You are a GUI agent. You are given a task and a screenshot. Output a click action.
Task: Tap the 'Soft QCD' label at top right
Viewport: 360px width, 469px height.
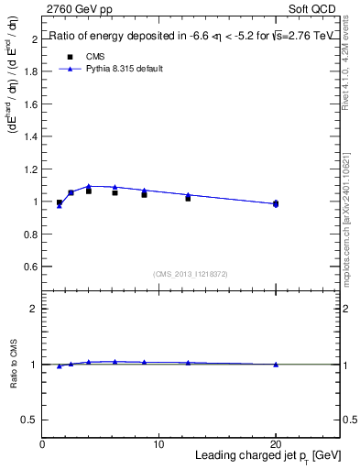pos(315,8)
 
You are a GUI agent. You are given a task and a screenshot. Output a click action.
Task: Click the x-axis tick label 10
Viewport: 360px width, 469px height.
pos(158,443)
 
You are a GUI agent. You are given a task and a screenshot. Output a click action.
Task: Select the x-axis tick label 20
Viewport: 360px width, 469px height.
pos(276,443)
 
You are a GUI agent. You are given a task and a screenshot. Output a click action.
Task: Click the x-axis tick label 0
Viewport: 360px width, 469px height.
pos(42,443)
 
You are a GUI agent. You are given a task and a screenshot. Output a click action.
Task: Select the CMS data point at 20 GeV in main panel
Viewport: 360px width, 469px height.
pos(276,203)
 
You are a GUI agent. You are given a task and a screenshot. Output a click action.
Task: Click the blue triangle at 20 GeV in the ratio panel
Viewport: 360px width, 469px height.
pos(276,365)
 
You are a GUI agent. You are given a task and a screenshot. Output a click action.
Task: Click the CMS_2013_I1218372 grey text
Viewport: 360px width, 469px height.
pos(190,274)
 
